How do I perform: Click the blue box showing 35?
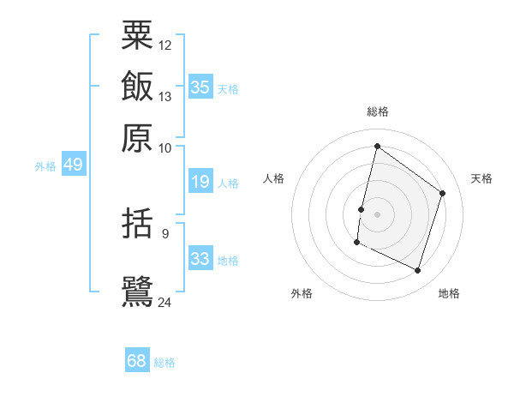click(200, 87)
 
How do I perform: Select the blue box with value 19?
click(200, 182)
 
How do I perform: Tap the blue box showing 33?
click(200, 259)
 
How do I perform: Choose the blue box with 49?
click(73, 165)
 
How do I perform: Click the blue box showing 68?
click(137, 361)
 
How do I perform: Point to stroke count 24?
click(165, 301)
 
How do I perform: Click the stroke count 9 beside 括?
click(165, 232)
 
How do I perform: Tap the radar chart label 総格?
click(377, 111)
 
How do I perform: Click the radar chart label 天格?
click(481, 178)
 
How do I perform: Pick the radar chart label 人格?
click(274, 178)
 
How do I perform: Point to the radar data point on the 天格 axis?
click(443, 193)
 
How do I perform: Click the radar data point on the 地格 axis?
click(417, 271)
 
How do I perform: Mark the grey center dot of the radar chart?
click(377, 214)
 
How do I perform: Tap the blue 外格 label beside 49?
click(45, 166)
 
